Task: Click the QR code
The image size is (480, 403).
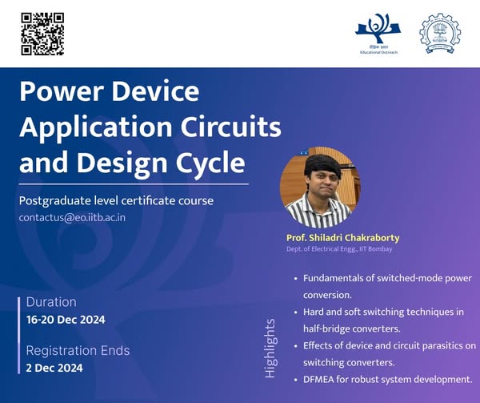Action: click(x=42, y=34)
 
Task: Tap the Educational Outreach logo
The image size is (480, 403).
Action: click(x=378, y=34)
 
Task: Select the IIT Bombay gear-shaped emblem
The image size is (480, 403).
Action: click(x=440, y=34)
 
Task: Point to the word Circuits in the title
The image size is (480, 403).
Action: click(x=231, y=127)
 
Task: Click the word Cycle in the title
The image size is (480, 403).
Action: click(x=210, y=162)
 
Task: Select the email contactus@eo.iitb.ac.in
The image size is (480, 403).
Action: click(x=72, y=218)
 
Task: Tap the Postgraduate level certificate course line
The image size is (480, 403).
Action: click(x=116, y=201)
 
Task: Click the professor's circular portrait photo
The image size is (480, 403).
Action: click(x=320, y=187)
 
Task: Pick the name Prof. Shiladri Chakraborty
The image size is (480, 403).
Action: click(x=343, y=238)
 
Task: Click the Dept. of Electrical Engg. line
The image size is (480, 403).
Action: click(x=339, y=249)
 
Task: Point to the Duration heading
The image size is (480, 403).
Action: click(x=51, y=302)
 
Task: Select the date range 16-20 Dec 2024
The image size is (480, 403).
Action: click(x=66, y=320)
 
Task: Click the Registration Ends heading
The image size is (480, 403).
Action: click(x=78, y=351)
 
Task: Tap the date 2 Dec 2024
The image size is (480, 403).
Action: click(x=54, y=368)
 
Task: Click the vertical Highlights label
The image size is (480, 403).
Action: click(x=270, y=349)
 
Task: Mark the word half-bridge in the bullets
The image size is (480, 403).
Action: click(x=326, y=328)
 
